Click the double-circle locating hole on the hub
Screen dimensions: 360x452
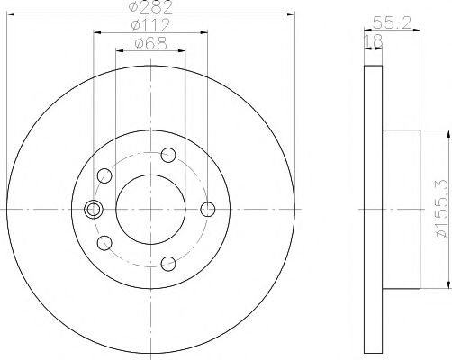(x=93, y=210)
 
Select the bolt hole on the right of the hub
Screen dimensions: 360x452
(x=209, y=210)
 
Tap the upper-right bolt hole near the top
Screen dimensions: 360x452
(x=168, y=156)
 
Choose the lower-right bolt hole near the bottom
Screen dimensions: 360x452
(x=168, y=264)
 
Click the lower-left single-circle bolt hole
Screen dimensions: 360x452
(x=104, y=242)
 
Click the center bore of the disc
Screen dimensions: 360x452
(x=150, y=209)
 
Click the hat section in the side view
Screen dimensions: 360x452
(x=402, y=209)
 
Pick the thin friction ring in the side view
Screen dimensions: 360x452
(x=373, y=209)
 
